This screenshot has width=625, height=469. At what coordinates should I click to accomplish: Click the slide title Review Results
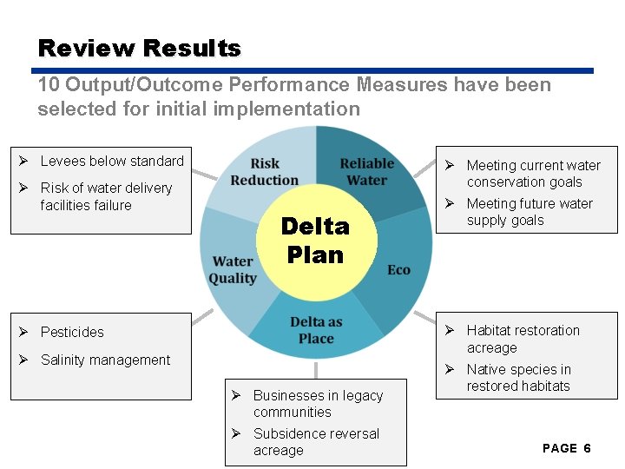140,48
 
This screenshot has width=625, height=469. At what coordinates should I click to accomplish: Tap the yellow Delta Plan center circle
315,241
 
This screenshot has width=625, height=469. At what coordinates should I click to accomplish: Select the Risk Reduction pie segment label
265,172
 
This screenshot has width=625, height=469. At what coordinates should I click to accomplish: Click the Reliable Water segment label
366,172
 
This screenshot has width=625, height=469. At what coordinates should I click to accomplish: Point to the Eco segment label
398,270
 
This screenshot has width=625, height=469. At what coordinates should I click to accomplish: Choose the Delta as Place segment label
316,330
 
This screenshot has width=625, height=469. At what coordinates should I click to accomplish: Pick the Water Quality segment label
233,269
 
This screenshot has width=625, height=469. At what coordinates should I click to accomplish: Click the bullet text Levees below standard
112,161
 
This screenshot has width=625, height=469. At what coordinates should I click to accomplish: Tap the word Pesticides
72,332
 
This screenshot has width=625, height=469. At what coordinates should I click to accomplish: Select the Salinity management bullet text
105,360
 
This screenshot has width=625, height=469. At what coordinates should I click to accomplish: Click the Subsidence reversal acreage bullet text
316,442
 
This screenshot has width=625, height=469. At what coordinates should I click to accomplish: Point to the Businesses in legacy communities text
318,404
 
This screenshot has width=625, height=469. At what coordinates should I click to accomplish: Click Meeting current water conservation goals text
533,174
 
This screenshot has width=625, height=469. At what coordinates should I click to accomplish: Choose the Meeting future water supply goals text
530,212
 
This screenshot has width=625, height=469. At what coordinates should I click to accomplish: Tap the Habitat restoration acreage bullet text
523,339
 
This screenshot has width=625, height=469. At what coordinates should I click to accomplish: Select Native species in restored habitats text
518,378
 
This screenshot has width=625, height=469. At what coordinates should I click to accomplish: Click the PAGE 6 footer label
566,448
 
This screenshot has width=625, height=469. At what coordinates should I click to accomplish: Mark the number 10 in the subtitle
49,84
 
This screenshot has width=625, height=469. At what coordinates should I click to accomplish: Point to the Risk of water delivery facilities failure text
106,196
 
